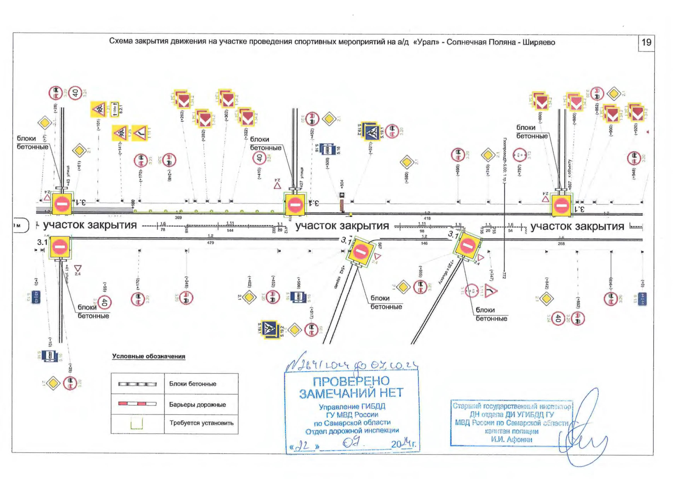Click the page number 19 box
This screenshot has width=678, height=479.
click(x=646, y=42)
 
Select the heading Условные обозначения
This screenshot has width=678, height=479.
click(x=149, y=356)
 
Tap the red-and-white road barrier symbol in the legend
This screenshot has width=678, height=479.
click(x=137, y=404)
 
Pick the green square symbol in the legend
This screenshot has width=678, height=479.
click(x=137, y=423)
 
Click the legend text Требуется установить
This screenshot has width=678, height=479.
click(x=201, y=423)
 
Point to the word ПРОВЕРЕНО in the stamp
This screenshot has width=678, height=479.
click(x=351, y=381)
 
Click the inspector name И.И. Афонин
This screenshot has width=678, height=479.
click(x=511, y=439)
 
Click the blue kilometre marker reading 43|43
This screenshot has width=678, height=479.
click(x=36, y=297)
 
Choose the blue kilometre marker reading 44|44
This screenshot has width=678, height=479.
click(x=642, y=299)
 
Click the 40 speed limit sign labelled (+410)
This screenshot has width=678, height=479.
click(x=259, y=158)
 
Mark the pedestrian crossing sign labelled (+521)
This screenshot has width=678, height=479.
click(x=372, y=131)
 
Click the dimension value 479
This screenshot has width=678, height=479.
click(x=211, y=243)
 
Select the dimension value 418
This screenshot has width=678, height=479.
click(x=427, y=218)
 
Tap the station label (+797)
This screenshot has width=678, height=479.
click(x=519, y=170)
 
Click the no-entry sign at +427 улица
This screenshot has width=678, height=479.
click(x=295, y=205)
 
